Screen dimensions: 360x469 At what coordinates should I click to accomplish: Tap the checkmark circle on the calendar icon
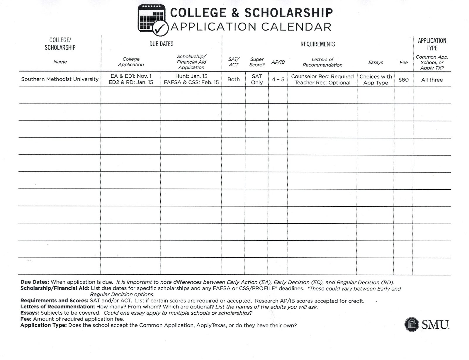pos(160,28)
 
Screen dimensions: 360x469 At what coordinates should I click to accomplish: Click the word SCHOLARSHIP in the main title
pos(289,13)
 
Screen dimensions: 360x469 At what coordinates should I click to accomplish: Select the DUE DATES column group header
pos(161,44)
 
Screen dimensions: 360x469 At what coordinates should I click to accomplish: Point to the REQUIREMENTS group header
pos(317,44)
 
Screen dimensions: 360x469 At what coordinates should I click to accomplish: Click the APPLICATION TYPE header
pos(432,44)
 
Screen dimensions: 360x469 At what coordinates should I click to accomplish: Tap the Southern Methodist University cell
pos(60,79)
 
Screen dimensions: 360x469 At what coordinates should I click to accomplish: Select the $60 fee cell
pos(403,80)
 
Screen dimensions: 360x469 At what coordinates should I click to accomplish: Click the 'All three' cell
pos(432,80)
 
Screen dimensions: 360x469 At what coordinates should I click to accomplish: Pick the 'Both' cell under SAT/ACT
pos(233,79)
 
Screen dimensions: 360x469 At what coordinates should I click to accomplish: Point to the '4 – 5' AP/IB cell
pos(278,79)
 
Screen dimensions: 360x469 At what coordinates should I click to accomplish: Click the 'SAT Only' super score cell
pos(256,79)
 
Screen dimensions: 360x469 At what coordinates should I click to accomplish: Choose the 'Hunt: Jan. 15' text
pos(191,76)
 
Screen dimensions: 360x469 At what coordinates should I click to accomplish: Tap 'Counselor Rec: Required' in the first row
pos(322,77)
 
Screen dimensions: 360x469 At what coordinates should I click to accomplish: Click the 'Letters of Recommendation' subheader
pos(322,62)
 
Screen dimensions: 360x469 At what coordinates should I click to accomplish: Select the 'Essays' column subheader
pos(375,62)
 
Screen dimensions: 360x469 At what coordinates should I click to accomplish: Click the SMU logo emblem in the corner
pos(412,325)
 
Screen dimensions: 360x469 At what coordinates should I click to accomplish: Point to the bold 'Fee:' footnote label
pos(26,319)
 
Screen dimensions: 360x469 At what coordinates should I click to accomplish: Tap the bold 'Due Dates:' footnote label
pos(35,282)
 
